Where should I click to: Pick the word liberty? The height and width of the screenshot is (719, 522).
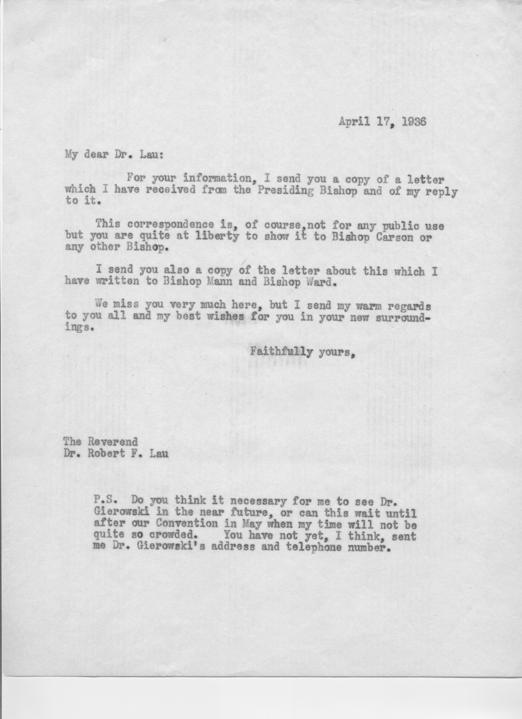coord(217,237)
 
